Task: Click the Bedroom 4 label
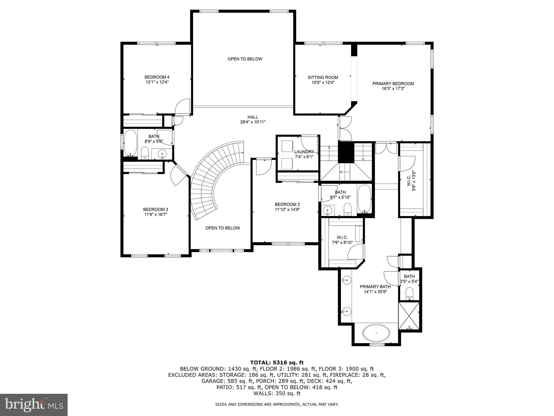pyautogui.click(x=157, y=77)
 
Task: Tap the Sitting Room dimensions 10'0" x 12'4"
pyautogui.click(x=323, y=82)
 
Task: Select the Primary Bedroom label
pyautogui.click(x=393, y=84)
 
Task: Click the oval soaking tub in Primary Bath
pyautogui.click(x=376, y=333)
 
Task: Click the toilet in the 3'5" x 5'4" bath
pyautogui.click(x=410, y=293)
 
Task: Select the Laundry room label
pyautogui.click(x=304, y=152)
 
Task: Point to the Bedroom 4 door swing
pyautogui.click(x=182, y=107)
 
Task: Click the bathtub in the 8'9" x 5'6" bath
pyautogui.click(x=131, y=143)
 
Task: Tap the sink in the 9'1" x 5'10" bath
pyautogui.click(x=328, y=210)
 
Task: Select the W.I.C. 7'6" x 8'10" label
pyautogui.click(x=342, y=238)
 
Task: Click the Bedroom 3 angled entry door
pyautogui.click(x=179, y=174)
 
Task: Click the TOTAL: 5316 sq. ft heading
pyautogui.click(x=277, y=363)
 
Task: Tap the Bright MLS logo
pyautogui.click(x=34, y=405)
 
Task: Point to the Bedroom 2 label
pyautogui.click(x=287, y=204)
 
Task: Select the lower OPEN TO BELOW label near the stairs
pyautogui.click(x=222, y=228)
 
